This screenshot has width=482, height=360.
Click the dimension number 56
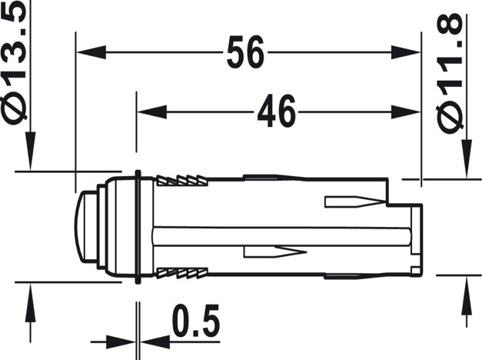pyautogui.click(x=245, y=52)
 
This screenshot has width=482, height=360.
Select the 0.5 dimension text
pyautogui.click(x=196, y=320)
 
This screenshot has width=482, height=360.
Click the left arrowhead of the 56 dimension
pyautogui.click(x=91, y=52)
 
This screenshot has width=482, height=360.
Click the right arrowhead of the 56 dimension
pyautogui.click(x=406, y=52)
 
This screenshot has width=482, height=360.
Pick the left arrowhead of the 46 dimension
pyautogui.click(x=152, y=112)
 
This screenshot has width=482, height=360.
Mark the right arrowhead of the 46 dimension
pyautogui.click(x=406, y=112)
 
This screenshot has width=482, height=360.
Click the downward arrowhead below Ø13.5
pyautogui.click(x=30, y=151)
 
